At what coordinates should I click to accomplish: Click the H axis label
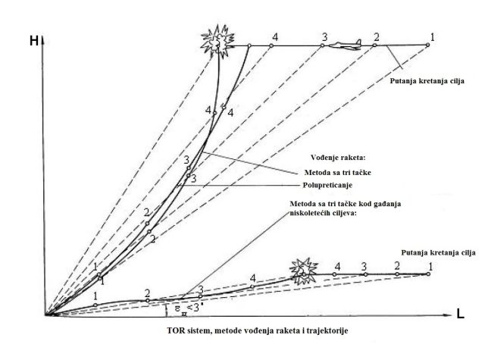tap(33, 41)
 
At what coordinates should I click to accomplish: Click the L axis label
tap(460, 315)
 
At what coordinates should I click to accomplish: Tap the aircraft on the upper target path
tap(346, 45)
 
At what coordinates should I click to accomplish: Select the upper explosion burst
tap(217, 41)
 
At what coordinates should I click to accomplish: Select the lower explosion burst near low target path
tap(303, 271)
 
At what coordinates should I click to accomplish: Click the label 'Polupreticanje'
tap(327, 185)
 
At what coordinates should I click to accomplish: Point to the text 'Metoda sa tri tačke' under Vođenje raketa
tap(337, 172)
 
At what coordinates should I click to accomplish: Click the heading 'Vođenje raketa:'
tap(338, 158)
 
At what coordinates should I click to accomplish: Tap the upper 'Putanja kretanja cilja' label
tap(427, 81)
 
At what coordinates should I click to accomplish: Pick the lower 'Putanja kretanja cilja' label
tap(438, 252)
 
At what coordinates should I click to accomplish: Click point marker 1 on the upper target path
tap(427, 45)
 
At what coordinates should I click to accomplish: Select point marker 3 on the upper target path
tap(322, 45)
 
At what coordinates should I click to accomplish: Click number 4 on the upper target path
tap(275, 37)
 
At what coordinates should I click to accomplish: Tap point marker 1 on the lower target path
tap(428, 274)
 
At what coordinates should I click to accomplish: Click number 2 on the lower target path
tap(397, 266)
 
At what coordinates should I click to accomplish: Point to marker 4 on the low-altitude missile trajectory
tap(252, 286)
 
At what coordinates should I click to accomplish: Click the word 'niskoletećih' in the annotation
tap(308, 213)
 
